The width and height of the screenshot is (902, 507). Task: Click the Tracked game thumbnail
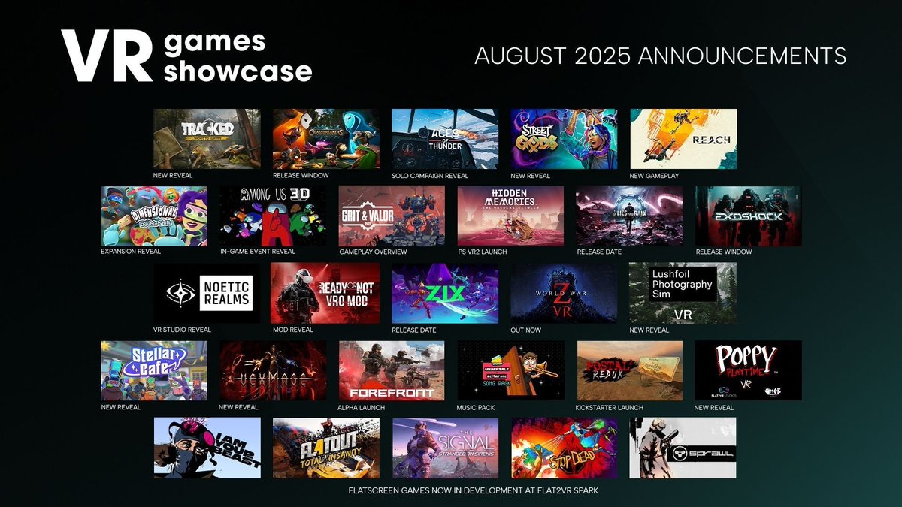pos(207,139)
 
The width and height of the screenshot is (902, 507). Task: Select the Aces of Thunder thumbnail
pos(445,139)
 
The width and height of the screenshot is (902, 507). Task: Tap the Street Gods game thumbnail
pos(564,139)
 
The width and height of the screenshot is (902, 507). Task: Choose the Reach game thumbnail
pos(683,139)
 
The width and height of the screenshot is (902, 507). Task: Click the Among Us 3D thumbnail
pos(273,216)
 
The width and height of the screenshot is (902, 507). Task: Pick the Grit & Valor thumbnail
pos(392,216)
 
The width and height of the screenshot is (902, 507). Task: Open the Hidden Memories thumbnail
pos(510,216)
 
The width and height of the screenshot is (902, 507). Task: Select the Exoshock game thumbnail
pos(749,216)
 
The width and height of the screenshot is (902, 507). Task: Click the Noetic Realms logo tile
pos(207,293)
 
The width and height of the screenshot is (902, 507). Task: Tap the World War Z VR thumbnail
pos(564,293)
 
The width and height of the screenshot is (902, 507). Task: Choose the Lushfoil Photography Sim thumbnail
pos(683,293)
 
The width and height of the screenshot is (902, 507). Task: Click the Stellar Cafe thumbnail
pos(153,370)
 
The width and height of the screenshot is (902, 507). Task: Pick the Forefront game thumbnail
pos(392,370)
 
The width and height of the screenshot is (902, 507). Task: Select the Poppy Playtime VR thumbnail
pos(749,370)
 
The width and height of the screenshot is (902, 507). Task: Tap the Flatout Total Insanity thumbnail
pos(326,448)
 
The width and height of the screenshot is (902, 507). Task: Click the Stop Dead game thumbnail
pos(564,448)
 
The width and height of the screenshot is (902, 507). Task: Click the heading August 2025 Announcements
pos(661,56)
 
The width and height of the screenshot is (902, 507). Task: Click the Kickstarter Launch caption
pos(610,408)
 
